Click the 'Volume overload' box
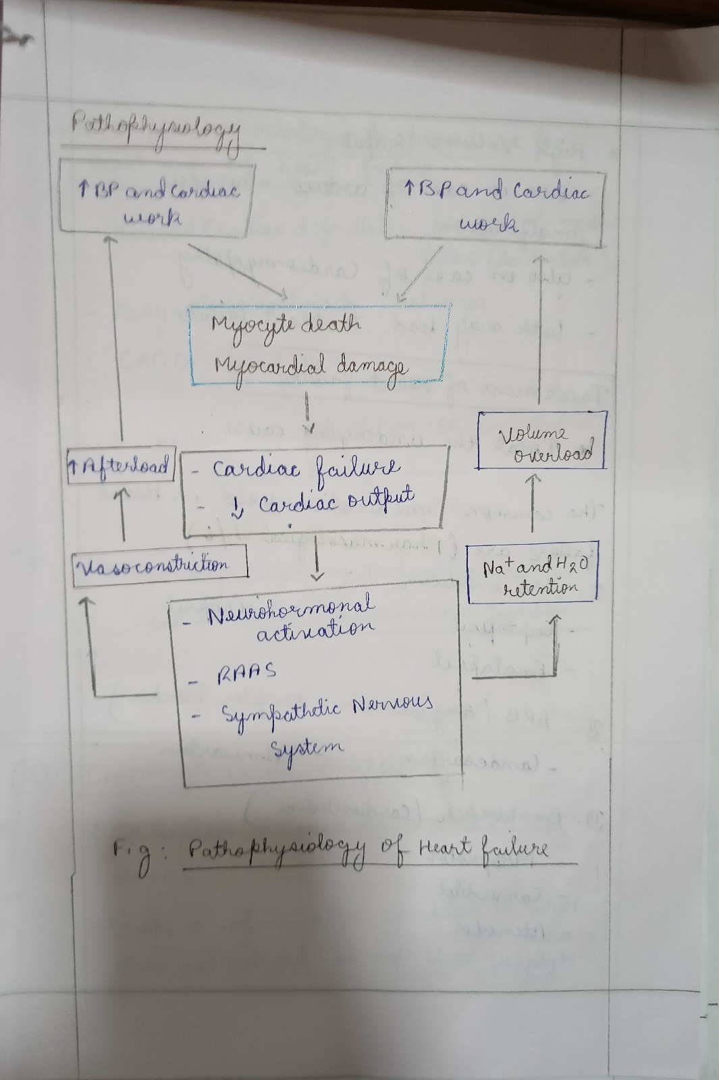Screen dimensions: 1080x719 click(542, 440)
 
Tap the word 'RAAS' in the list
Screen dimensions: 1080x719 click(246, 672)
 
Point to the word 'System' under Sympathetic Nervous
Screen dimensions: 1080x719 click(307, 748)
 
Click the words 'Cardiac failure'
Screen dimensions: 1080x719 click(307, 468)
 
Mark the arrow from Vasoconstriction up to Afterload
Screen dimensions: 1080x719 click(123, 516)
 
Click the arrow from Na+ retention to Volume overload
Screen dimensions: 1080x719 click(533, 503)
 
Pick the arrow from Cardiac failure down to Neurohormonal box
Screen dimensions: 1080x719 click(317, 557)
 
